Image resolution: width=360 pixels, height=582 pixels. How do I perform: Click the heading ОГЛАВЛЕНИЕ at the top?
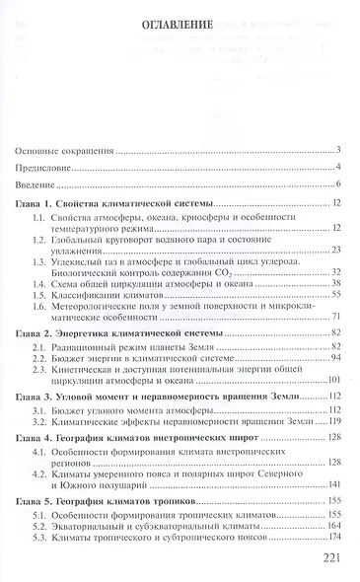pyautogui.click(x=180, y=27)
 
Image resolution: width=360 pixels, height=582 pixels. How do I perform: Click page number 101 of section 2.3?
pyautogui.click(x=332, y=377)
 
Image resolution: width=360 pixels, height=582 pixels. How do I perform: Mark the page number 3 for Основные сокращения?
pyautogui.click(x=337, y=151)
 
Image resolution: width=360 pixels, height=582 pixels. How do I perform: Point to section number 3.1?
pyautogui.click(x=39, y=406)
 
